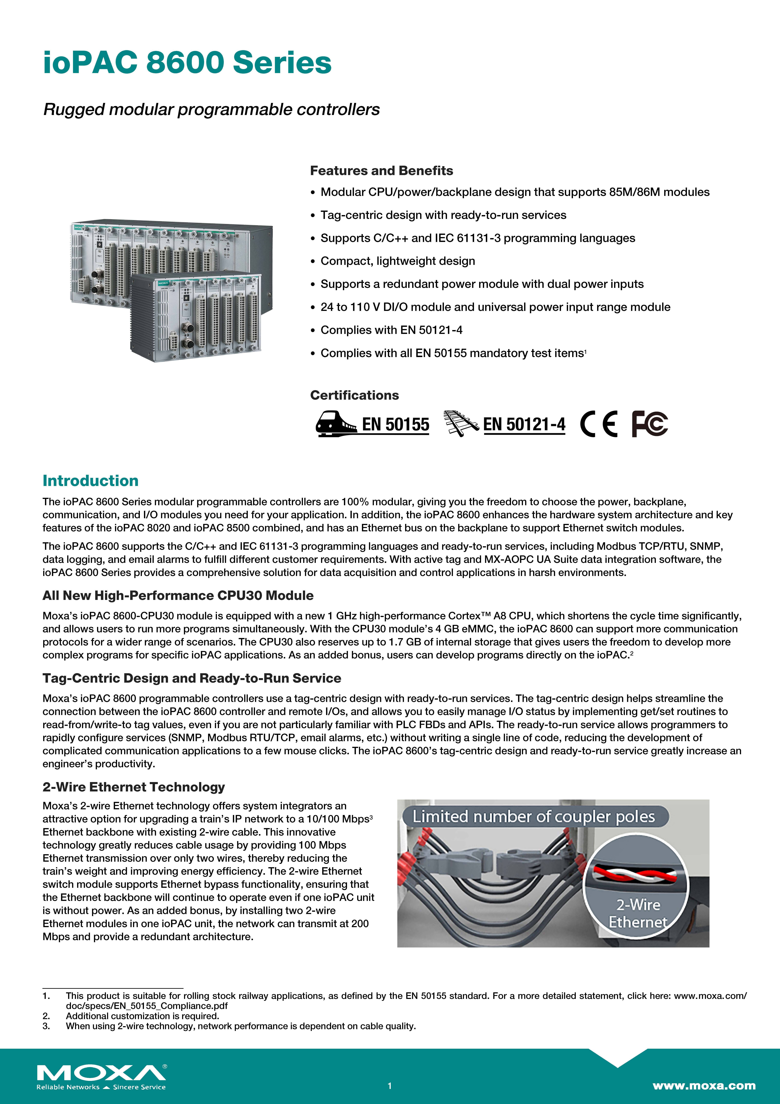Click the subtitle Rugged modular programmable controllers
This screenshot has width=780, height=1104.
tap(211, 110)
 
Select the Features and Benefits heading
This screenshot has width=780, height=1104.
tap(381, 171)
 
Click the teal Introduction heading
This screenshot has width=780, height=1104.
tap(90, 480)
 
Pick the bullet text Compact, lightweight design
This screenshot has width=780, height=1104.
tap(397, 261)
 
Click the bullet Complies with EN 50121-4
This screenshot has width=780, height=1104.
tap(391, 330)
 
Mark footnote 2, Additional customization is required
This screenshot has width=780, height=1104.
tap(142, 1016)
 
